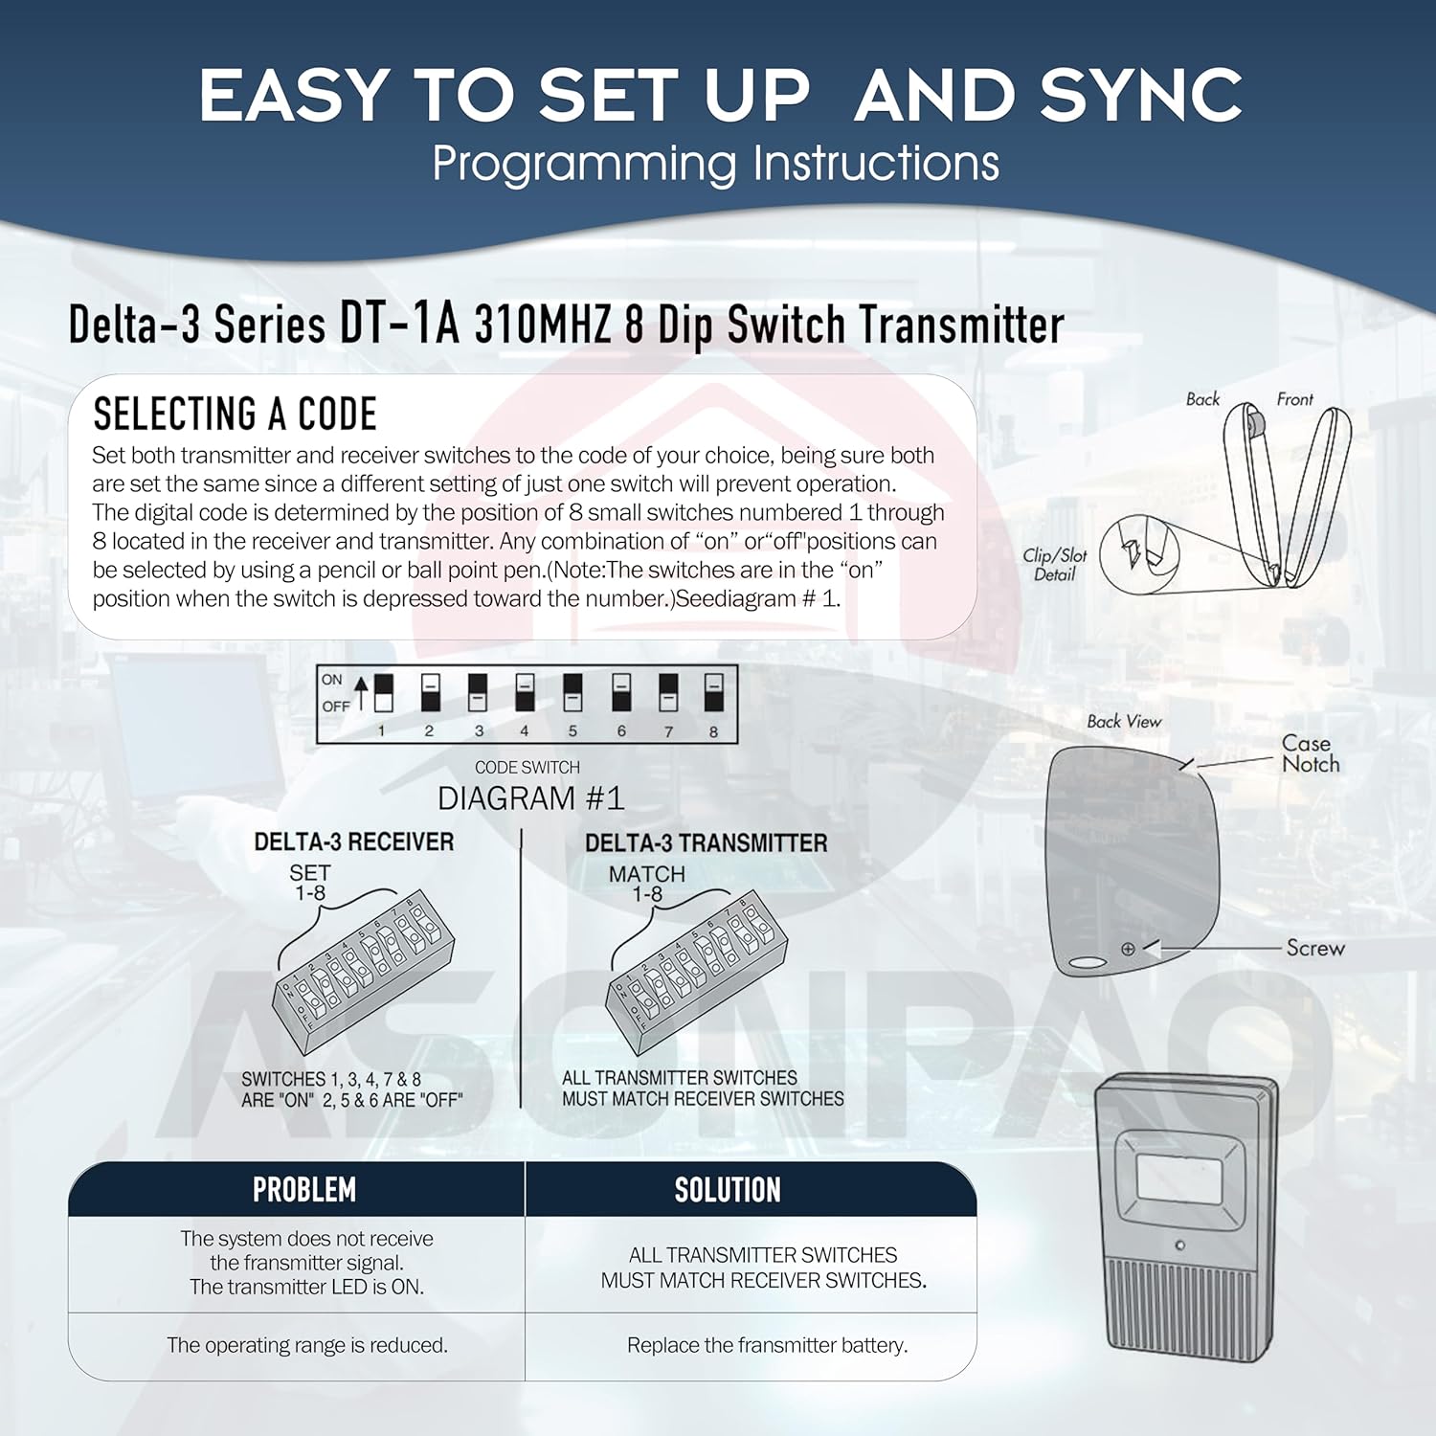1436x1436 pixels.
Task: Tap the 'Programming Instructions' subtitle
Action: [715, 164]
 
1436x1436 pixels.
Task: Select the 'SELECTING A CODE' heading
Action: [235, 414]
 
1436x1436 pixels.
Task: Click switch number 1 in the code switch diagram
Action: [383, 692]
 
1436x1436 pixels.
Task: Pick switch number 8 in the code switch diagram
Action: [713, 692]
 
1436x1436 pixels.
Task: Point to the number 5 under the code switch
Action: [572, 731]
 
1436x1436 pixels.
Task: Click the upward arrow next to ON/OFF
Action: [361, 692]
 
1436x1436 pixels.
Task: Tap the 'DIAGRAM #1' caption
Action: [530, 798]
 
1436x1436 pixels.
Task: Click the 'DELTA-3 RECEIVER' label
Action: [353, 841]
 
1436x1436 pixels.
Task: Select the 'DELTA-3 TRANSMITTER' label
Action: [706, 842]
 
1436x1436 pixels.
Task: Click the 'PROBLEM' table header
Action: [303, 1190]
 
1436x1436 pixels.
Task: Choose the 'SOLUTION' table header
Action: [728, 1190]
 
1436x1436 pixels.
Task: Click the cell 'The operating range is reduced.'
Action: [306, 1345]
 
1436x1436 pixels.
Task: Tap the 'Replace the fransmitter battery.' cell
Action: [767, 1345]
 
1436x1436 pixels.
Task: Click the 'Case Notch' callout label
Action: [1310, 753]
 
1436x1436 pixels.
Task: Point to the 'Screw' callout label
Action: [1314, 948]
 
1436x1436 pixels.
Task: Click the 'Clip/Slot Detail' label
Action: [1054, 565]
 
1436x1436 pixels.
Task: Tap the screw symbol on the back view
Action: [1128, 949]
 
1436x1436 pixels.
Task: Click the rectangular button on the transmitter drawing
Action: [1178, 1178]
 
